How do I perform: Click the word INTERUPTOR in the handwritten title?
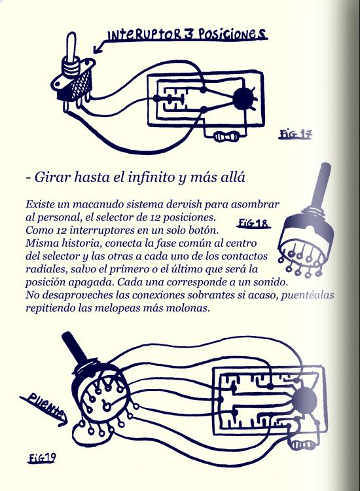click(144, 35)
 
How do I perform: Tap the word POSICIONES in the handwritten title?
click(230, 34)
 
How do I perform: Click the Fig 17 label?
click(295, 134)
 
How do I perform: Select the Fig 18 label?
click(253, 223)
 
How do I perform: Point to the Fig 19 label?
click(42, 458)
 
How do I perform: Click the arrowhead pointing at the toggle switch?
click(98, 49)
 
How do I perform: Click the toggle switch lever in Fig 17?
click(71, 46)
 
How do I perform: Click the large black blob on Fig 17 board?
click(243, 99)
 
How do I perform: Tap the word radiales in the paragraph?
click(46, 269)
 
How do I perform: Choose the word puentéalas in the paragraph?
click(308, 295)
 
